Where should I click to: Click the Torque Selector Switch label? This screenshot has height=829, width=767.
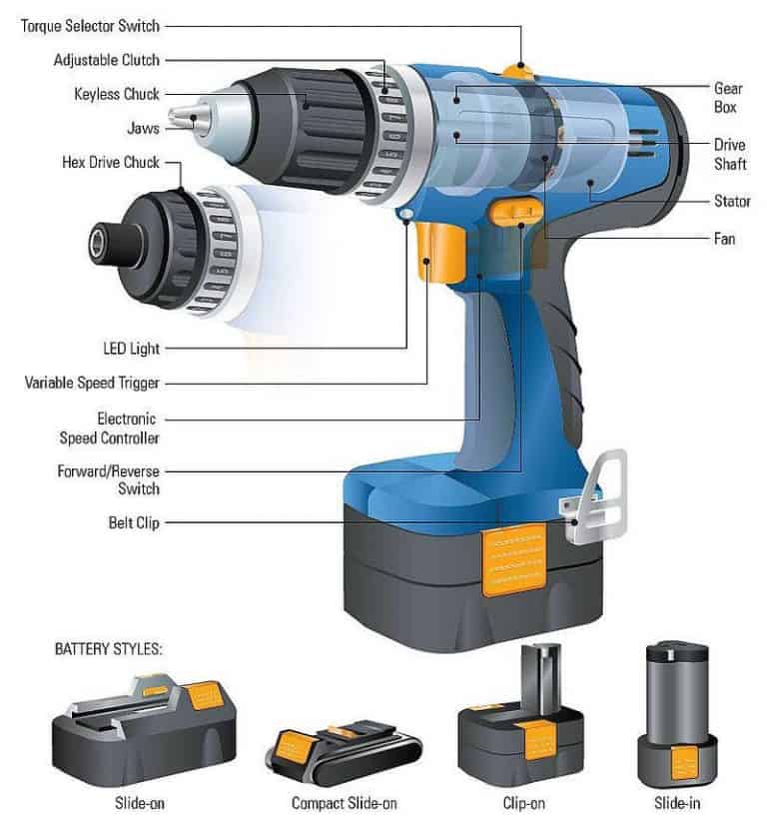90,25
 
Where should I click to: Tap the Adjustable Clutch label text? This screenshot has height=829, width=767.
106,60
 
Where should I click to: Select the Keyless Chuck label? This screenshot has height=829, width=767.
116,95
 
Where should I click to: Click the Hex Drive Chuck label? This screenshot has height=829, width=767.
113,163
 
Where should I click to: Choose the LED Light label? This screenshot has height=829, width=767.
131,349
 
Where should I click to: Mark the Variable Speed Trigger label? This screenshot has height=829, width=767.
92,383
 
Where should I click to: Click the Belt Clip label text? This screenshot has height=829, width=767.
134,522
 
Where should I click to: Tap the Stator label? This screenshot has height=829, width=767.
732,202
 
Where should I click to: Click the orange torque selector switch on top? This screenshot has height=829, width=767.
517,70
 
